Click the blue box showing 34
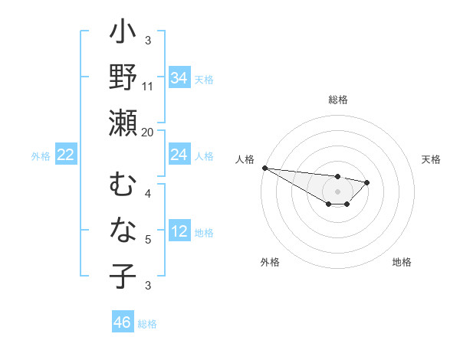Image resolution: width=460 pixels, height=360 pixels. (x=179, y=77)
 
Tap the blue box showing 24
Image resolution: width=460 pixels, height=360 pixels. (x=179, y=155)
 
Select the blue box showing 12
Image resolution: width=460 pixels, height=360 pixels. (x=179, y=231)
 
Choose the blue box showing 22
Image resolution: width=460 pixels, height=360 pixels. (x=66, y=155)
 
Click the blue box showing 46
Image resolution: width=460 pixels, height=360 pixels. (x=123, y=322)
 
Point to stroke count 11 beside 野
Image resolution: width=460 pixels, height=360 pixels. (x=148, y=87)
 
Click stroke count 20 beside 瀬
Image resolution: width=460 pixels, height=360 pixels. (x=148, y=132)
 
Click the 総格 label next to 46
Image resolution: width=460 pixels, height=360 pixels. (x=147, y=324)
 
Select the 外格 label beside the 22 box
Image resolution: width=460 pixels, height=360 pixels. (x=41, y=156)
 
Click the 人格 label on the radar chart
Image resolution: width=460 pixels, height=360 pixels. (x=245, y=159)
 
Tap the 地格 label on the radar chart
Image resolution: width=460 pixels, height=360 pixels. (x=402, y=262)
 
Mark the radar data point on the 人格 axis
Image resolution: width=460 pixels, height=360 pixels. (x=264, y=168)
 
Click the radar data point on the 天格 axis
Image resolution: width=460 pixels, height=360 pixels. (x=367, y=182)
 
